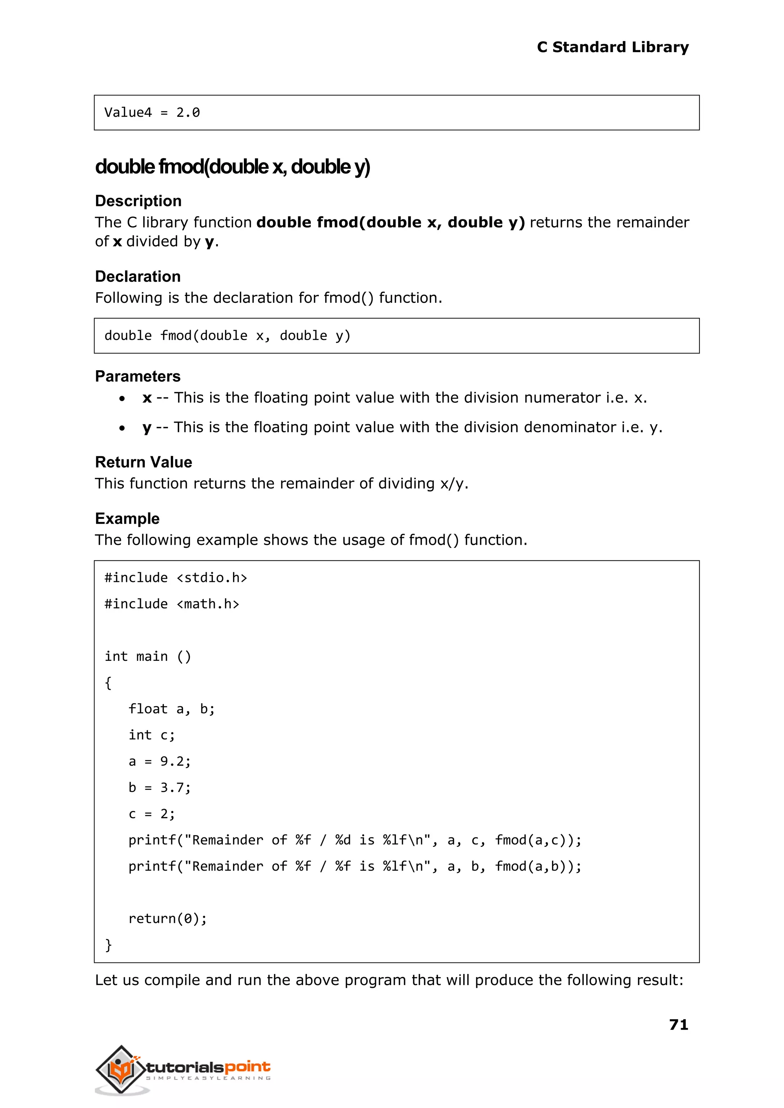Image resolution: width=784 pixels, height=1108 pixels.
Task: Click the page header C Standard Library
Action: [612, 47]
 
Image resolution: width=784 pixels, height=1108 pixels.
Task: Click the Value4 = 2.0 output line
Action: [152, 113]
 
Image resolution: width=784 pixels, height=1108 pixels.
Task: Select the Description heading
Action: [138, 201]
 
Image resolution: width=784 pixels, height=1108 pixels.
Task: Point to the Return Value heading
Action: [144, 462]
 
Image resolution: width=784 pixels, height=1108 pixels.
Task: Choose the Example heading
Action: [127, 518]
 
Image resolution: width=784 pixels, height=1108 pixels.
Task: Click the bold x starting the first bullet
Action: [147, 398]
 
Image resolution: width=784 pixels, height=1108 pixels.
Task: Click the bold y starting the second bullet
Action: [147, 428]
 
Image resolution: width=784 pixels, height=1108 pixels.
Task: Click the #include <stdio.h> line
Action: [176, 578]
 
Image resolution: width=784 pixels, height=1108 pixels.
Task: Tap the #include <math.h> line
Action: [172, 604]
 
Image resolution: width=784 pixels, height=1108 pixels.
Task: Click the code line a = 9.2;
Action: [159, 762]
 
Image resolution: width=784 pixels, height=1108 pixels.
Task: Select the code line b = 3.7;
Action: [159, 788]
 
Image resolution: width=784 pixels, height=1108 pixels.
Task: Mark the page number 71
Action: [678, 1025]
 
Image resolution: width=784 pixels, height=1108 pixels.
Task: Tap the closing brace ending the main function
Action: [109, 945]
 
